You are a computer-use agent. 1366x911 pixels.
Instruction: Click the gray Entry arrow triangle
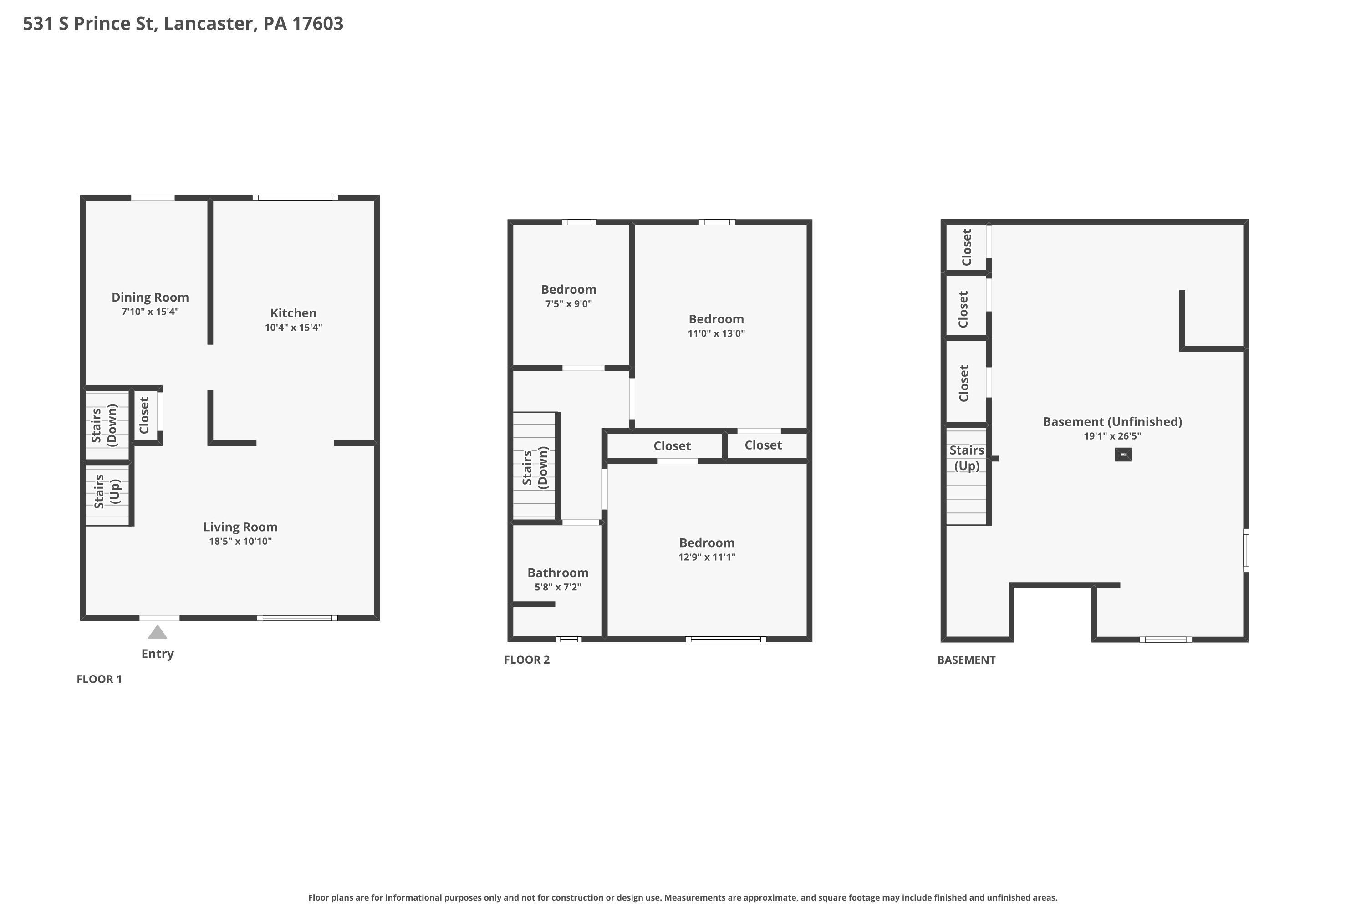click(x=158, y=632)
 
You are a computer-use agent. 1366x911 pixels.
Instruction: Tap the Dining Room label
click(x=150, y=297)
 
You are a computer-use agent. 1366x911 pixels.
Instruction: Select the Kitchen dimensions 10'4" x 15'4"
click(x=293, y=328)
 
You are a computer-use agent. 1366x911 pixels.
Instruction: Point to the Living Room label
click(x=240, y=527)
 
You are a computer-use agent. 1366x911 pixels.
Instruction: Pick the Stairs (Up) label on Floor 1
click(x=107, y=491)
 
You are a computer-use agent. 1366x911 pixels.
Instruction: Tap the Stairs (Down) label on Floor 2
click(x=535, y=468)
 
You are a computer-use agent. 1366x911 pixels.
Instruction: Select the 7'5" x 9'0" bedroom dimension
click(x=569, y=304)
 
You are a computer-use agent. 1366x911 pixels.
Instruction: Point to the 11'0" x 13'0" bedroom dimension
click(x=716, y=333)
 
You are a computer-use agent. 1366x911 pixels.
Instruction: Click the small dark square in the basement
click(x=1123, y=454)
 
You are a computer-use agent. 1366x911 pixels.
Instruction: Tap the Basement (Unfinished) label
click(x=1112, y=422)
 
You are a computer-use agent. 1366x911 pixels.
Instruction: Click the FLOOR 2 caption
click(x=527, y=660)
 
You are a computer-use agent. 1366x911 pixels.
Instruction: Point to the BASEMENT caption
click(x=966, y=660)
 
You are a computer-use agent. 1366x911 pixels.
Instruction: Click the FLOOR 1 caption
click(x=99, y=679)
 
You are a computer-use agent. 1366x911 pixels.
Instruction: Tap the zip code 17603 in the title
click(x=318, y=24)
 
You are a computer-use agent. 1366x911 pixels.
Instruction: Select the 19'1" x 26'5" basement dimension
click(x=1112, y=436)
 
